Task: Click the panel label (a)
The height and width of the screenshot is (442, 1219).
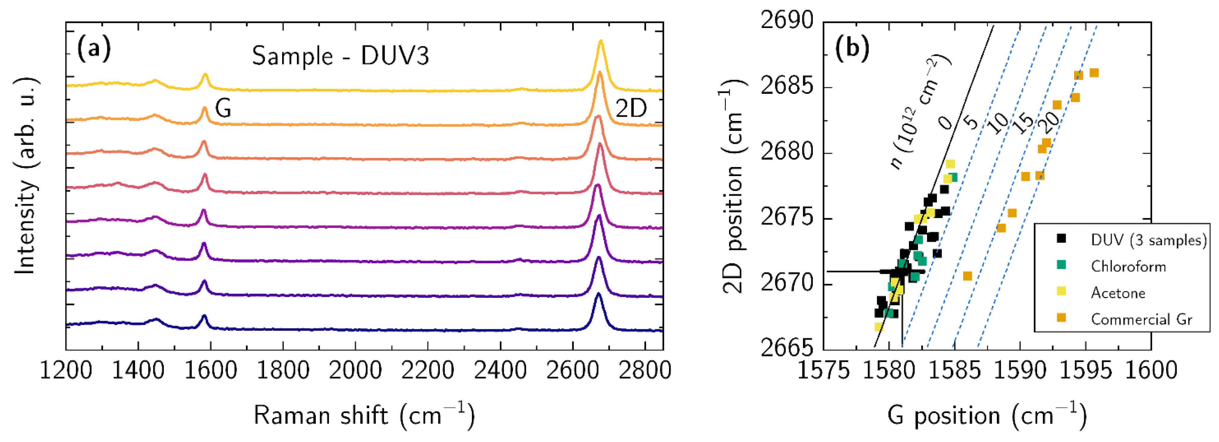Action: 94,49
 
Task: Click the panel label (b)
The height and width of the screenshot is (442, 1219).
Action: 852,49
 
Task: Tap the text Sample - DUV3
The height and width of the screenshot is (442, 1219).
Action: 340,57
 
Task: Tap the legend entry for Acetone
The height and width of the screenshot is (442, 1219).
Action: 1118,293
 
